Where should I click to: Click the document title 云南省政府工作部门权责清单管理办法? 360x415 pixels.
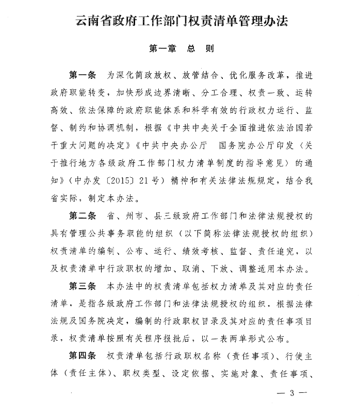click(181, 22)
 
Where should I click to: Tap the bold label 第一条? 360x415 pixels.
click(83, 75)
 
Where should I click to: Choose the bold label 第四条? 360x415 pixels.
click(83, 355)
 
